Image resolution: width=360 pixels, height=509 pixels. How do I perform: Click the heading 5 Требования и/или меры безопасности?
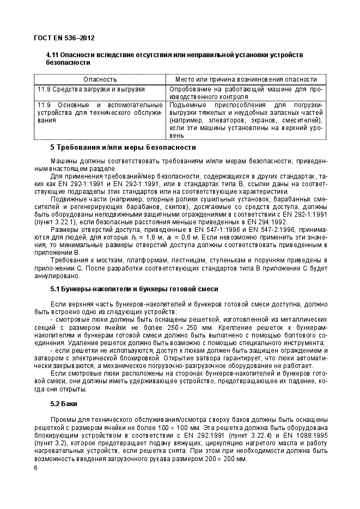(123, 148)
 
